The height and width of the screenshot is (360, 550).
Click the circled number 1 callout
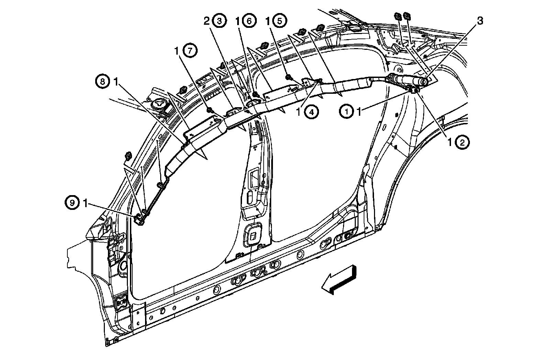pyautogui.click(x=346, y=112)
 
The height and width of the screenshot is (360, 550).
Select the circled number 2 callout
pyautogui.click(x=462, y=143)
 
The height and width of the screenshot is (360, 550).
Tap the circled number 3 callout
pyautogui.click(x=219, y=21)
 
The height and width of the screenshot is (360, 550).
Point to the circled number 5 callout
pyautogui.click(x=279, y=21)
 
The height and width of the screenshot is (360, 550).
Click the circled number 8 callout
pyautogui.click(x=102, y=82)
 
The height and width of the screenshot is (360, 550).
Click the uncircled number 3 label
pyautogui.click(x=480, y=21)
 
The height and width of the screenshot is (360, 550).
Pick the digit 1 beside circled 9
pyautogui.click(x=85, y=203)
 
